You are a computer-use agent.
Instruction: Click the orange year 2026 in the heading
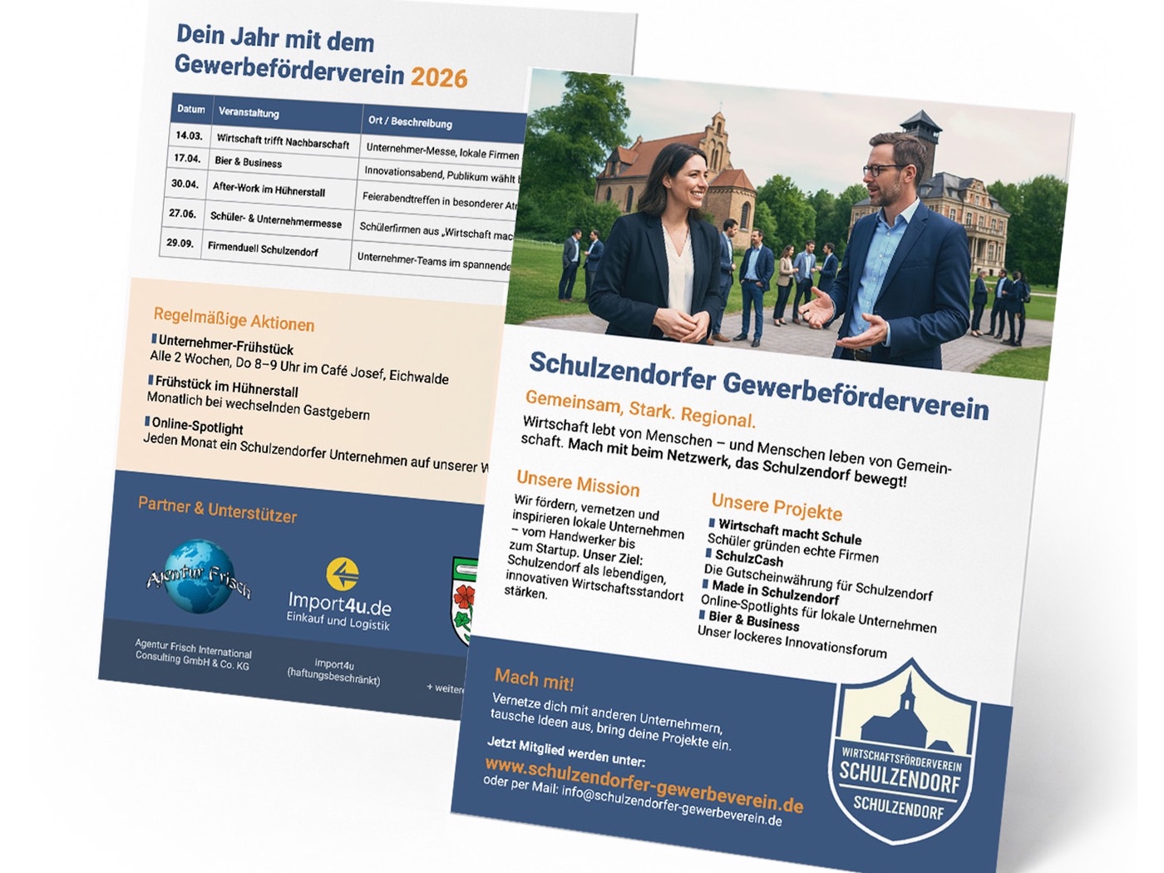click(x=438, y=77)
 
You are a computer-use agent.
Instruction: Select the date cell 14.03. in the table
click(x=189, y=136)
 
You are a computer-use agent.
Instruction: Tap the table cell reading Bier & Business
click(x=248, y=161)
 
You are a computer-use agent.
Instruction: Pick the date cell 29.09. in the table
click(x=180, y=243)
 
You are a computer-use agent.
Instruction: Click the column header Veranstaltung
click(x=249, y=112)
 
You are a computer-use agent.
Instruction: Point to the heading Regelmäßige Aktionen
click(x=234, y=319)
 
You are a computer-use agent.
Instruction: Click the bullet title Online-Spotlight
click(x=197, y=427)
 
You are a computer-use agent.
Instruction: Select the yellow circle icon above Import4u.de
click(x=342, y=573)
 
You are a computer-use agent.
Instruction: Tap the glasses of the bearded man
click(x=883, y=170)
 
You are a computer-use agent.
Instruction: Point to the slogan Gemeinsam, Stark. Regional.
click(x=640, y=408)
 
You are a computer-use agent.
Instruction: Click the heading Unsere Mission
click(x=578, y=483)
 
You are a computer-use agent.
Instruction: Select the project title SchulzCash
click(x=748, y=558)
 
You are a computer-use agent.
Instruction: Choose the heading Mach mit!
click(x=534, y=680)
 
